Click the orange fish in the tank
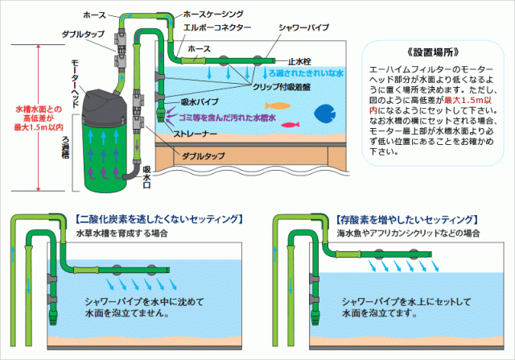277,105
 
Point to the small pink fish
289,124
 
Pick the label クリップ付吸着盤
278,85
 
